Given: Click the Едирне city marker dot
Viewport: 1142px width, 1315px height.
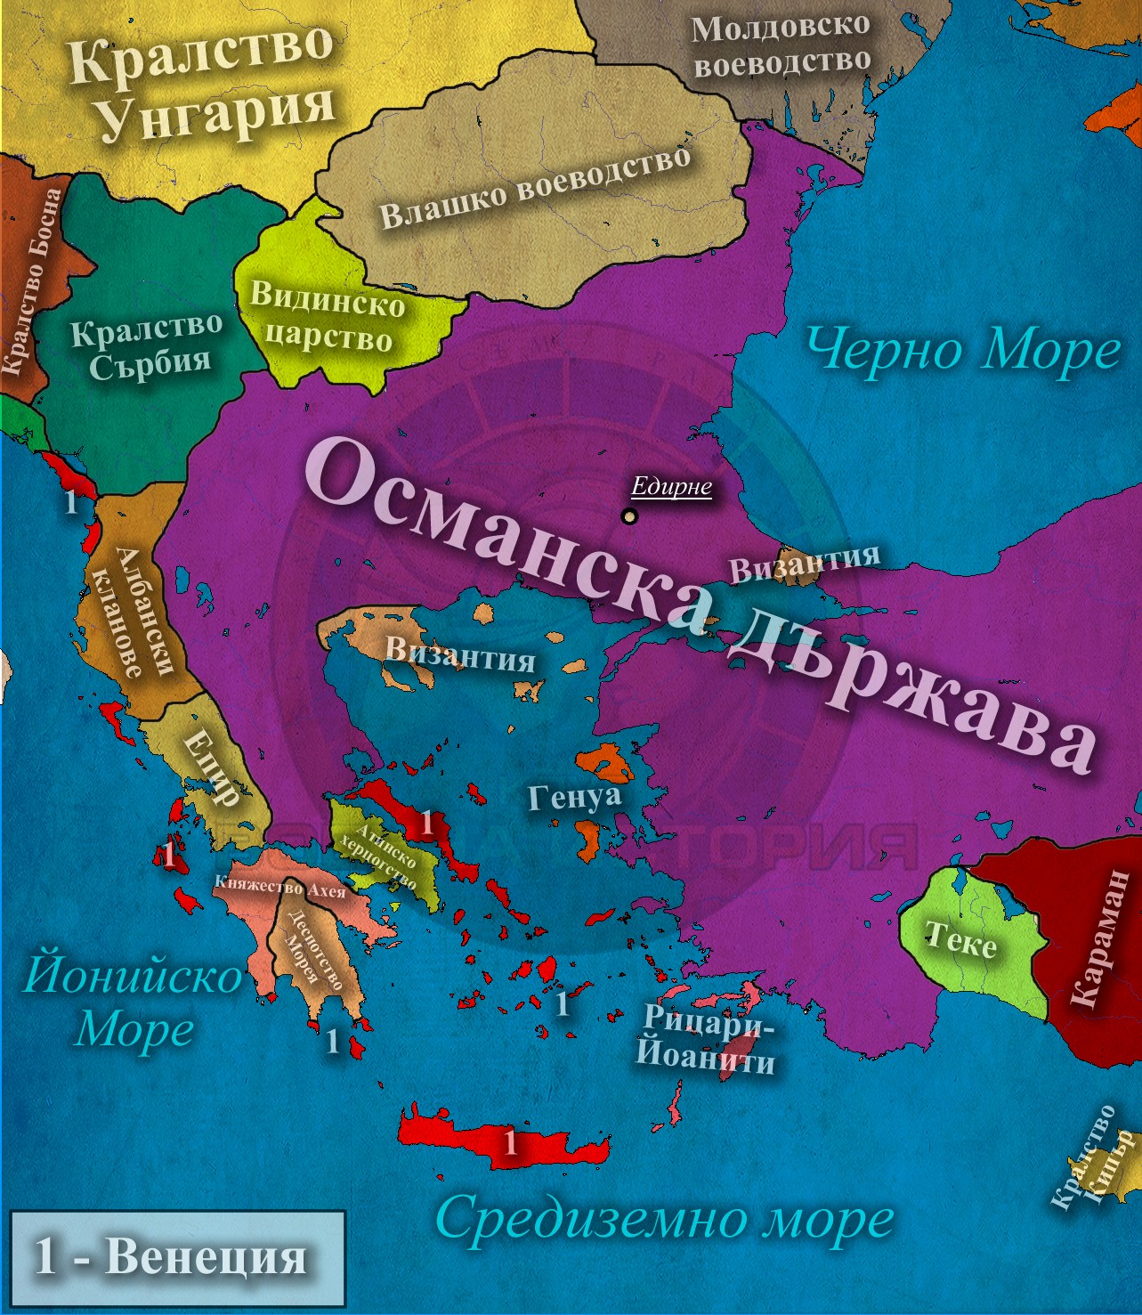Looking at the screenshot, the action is click(x=630, y=516).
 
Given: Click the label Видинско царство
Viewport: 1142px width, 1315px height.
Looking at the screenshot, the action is click(x=328, y=317).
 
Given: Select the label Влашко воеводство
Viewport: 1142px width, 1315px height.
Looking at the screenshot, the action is click(x=535, y=188).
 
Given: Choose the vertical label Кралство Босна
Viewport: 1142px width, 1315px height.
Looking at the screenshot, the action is click(x=33, y=282).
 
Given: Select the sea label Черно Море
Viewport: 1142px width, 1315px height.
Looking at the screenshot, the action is click(x=962, y=349).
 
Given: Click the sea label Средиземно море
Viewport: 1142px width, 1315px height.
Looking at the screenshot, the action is click(x=666, y=1218).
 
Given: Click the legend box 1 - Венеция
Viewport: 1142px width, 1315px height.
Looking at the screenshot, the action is click(x=176, y=1257).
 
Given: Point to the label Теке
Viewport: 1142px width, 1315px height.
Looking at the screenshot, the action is click(x=961, y=939).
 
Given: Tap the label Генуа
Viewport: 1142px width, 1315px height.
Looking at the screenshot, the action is click(x=574, y=797).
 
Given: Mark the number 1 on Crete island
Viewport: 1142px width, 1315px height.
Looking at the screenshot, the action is click(x=510, y=1142).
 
